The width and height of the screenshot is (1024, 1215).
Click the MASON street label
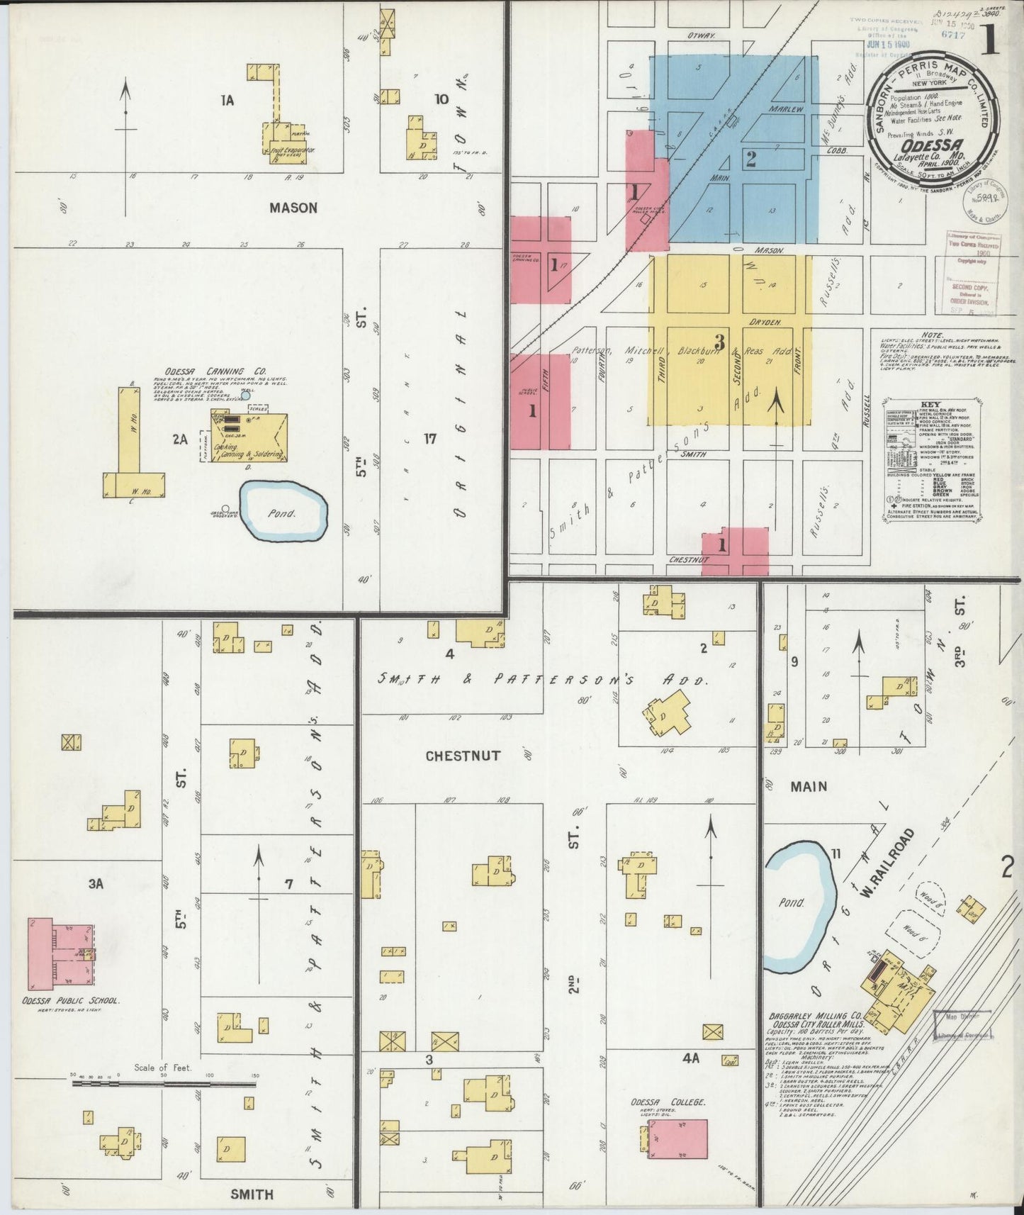pyautogui.click(x=293, y=208)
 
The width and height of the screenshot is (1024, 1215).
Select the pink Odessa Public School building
pyautogui.click(x=60, y=954)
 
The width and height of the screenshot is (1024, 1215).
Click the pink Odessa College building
pyautogui.click(x=677, y=1139)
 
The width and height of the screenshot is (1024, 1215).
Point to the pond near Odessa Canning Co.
pyautogui.click(x=283, y=510)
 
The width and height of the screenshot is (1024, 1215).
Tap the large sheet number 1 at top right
pyautogui.click(x=990, y=43)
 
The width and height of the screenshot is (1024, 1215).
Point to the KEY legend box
pyautogui.click(x=933, y=461)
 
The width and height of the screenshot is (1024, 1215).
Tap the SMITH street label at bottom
pyautogui.click(x=252, y=1194)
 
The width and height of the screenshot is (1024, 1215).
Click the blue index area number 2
pyautogui.click(x=751, y=159)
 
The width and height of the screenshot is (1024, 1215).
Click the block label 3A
pyautogui.click(x=96, y=883)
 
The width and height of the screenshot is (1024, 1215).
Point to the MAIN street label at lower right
pyautogui.click(x=809, y=786)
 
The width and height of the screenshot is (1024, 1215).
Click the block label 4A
pyautogui.click(x=691, y=1058)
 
